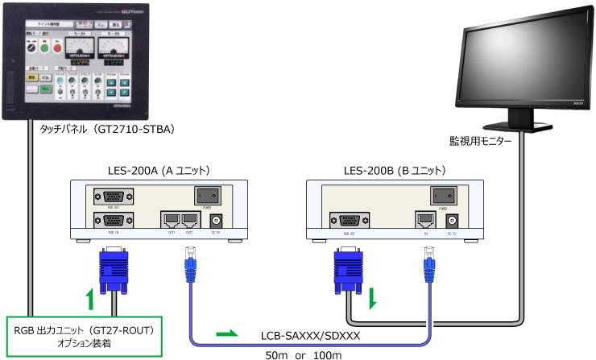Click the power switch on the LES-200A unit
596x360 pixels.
pos(207,195)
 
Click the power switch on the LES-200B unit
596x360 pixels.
pos(442,195)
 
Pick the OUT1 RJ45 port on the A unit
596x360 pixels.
pos(171,219)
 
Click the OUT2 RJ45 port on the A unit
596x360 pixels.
pos(189,219)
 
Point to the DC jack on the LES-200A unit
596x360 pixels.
pos(215,220)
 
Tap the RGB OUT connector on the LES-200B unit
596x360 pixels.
pos(347,219)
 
